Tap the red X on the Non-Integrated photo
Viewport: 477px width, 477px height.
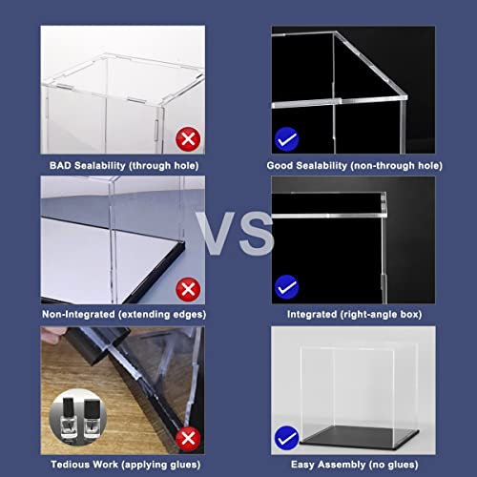[188, 287]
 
